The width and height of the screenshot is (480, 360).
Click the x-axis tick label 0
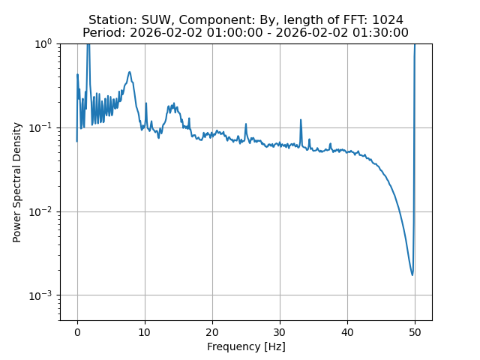pos(77,332)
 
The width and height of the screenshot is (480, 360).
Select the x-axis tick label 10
pos(145,332)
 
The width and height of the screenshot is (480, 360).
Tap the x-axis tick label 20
pos(212,332)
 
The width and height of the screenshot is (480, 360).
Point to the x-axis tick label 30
pos(280,332)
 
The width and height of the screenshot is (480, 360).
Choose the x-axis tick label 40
pos(347,332)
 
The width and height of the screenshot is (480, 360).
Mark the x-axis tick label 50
pos(415,332)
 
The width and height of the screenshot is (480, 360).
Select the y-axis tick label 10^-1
pos(42,127)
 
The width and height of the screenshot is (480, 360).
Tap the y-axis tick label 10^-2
pos(42,211)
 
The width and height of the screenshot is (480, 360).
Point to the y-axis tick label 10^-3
pos(42,295)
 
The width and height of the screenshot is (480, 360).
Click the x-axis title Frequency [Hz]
pos(246,346)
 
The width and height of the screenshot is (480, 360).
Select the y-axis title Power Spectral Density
pos(16,182)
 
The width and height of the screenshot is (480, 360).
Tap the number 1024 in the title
pos(387,20)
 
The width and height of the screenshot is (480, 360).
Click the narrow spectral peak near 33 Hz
pos(301,120)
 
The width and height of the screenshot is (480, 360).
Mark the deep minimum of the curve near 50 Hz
pos(412,274)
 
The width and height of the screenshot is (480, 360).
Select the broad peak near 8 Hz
pos(130,73)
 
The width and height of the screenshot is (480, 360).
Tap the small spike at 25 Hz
pos(246,125)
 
